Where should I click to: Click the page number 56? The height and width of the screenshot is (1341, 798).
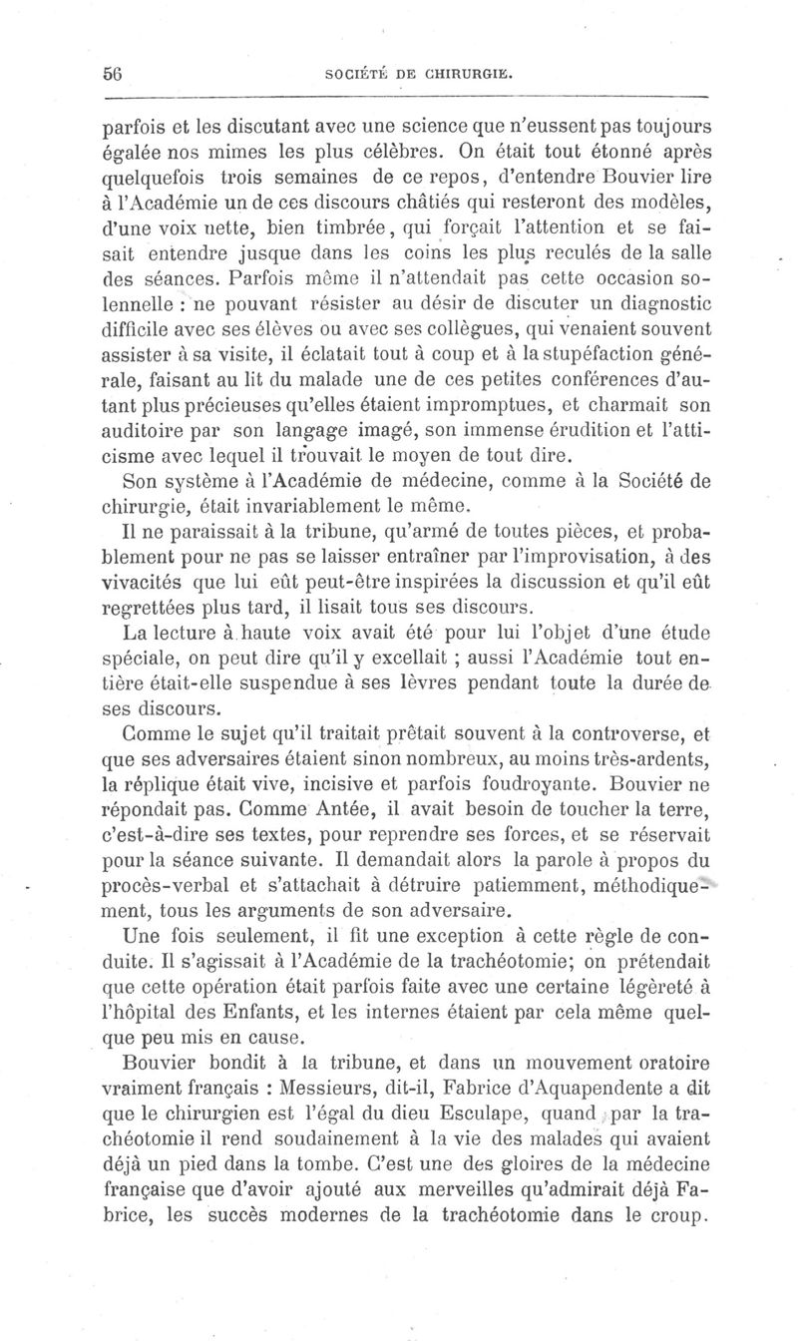[x=111, y=73]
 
